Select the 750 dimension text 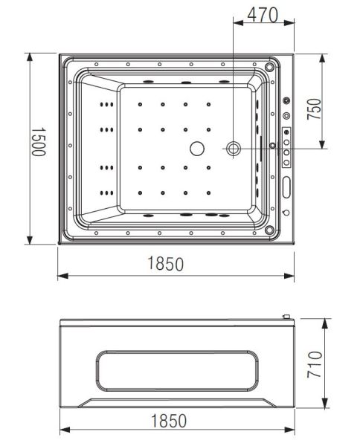point(315,110)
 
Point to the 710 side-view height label point(315,364)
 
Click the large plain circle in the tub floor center point(198,148)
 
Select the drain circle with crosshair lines point(234,149)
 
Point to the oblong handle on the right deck point(286,186)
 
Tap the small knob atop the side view point(284,317)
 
